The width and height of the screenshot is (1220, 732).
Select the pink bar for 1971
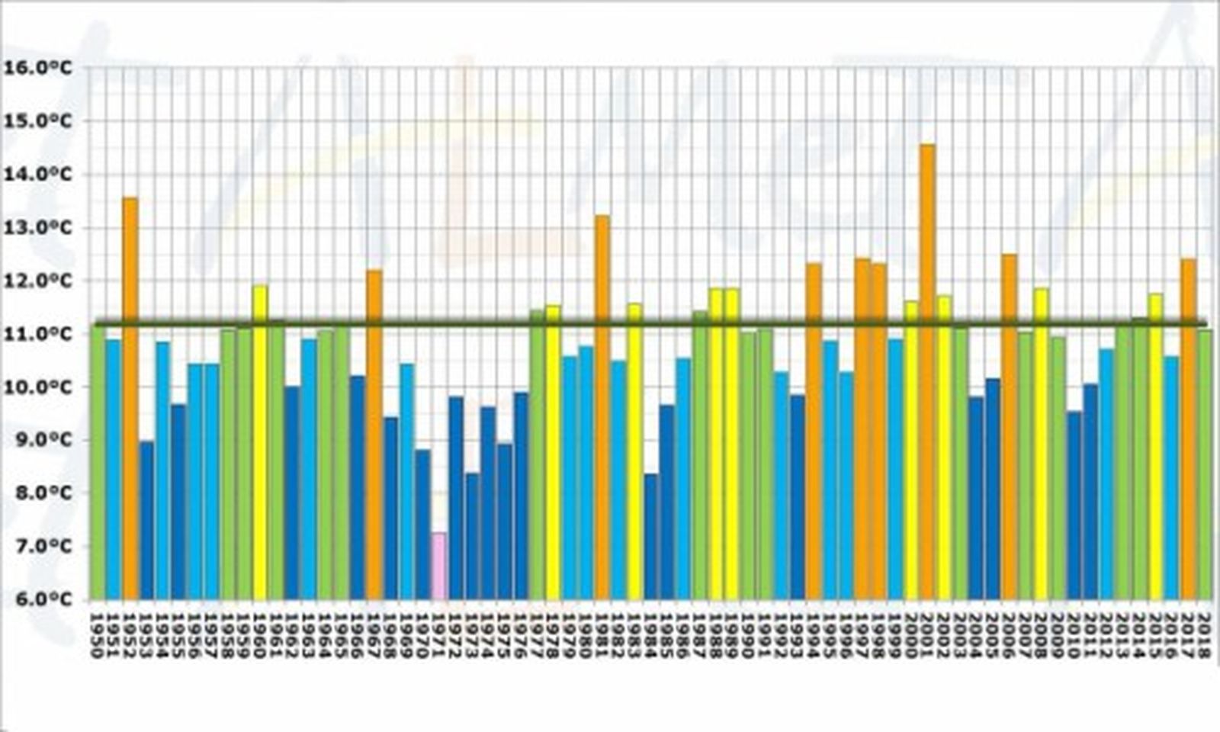438,566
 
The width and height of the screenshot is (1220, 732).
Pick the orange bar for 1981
602,407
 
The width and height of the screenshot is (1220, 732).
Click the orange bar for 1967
374,435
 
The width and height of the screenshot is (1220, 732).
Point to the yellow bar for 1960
260,442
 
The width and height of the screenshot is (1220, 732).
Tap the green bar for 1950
98,462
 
